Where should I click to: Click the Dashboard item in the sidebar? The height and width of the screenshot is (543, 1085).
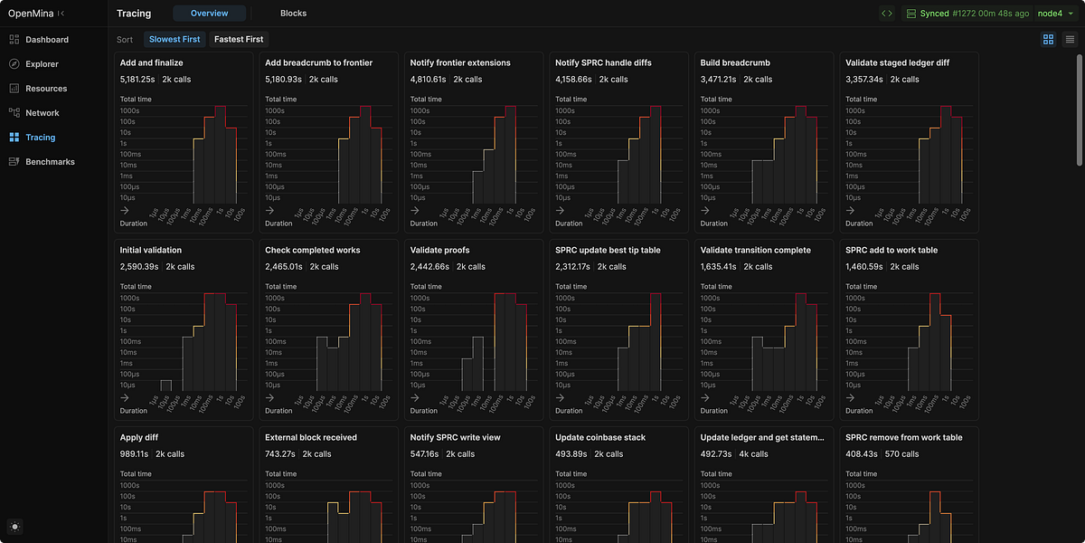click(46, 40)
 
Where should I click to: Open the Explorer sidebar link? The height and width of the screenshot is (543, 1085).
click(42, 64)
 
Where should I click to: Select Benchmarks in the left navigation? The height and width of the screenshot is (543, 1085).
click(50, 162)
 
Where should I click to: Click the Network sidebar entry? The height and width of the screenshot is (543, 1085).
click(42, 113)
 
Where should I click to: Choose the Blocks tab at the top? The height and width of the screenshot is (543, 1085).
click(293, 14)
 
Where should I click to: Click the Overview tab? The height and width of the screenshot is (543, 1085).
click(209, 14)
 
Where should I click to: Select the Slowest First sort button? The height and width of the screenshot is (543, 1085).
click(175, 39)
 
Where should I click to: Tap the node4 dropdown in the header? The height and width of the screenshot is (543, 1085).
click(1057, 14)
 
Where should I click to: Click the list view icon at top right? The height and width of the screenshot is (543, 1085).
click(1070, 39)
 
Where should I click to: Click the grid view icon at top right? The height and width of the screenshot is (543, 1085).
click(1048, 39)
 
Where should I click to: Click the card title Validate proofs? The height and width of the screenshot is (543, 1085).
click(439, 250)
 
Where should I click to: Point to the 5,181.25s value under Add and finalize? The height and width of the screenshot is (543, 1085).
click(137, 80)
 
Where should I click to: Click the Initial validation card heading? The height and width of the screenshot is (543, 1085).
click(151, 250)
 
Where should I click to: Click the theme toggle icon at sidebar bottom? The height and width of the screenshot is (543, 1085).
click(15, 527)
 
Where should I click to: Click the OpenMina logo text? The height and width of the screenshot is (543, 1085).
click(29, 14)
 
